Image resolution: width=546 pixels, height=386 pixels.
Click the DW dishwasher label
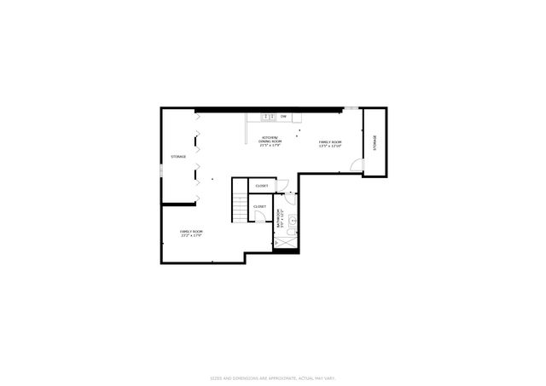coord(283,116)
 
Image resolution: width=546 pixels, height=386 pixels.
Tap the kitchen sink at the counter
coord(267,116)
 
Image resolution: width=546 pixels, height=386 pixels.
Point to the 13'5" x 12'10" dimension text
coord(330,147)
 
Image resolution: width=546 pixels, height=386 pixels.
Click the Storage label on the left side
coord(178,157)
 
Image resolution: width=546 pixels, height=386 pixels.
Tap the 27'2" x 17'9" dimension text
coord(191,236)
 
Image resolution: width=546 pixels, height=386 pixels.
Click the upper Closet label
coord(261,186)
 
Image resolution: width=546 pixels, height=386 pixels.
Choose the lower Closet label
coord(259,206)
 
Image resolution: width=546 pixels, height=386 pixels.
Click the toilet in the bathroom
coord(293,231)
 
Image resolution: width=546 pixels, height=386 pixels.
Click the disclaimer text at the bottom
coord(272,377)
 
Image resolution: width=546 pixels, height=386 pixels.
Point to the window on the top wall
coord(350,107)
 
